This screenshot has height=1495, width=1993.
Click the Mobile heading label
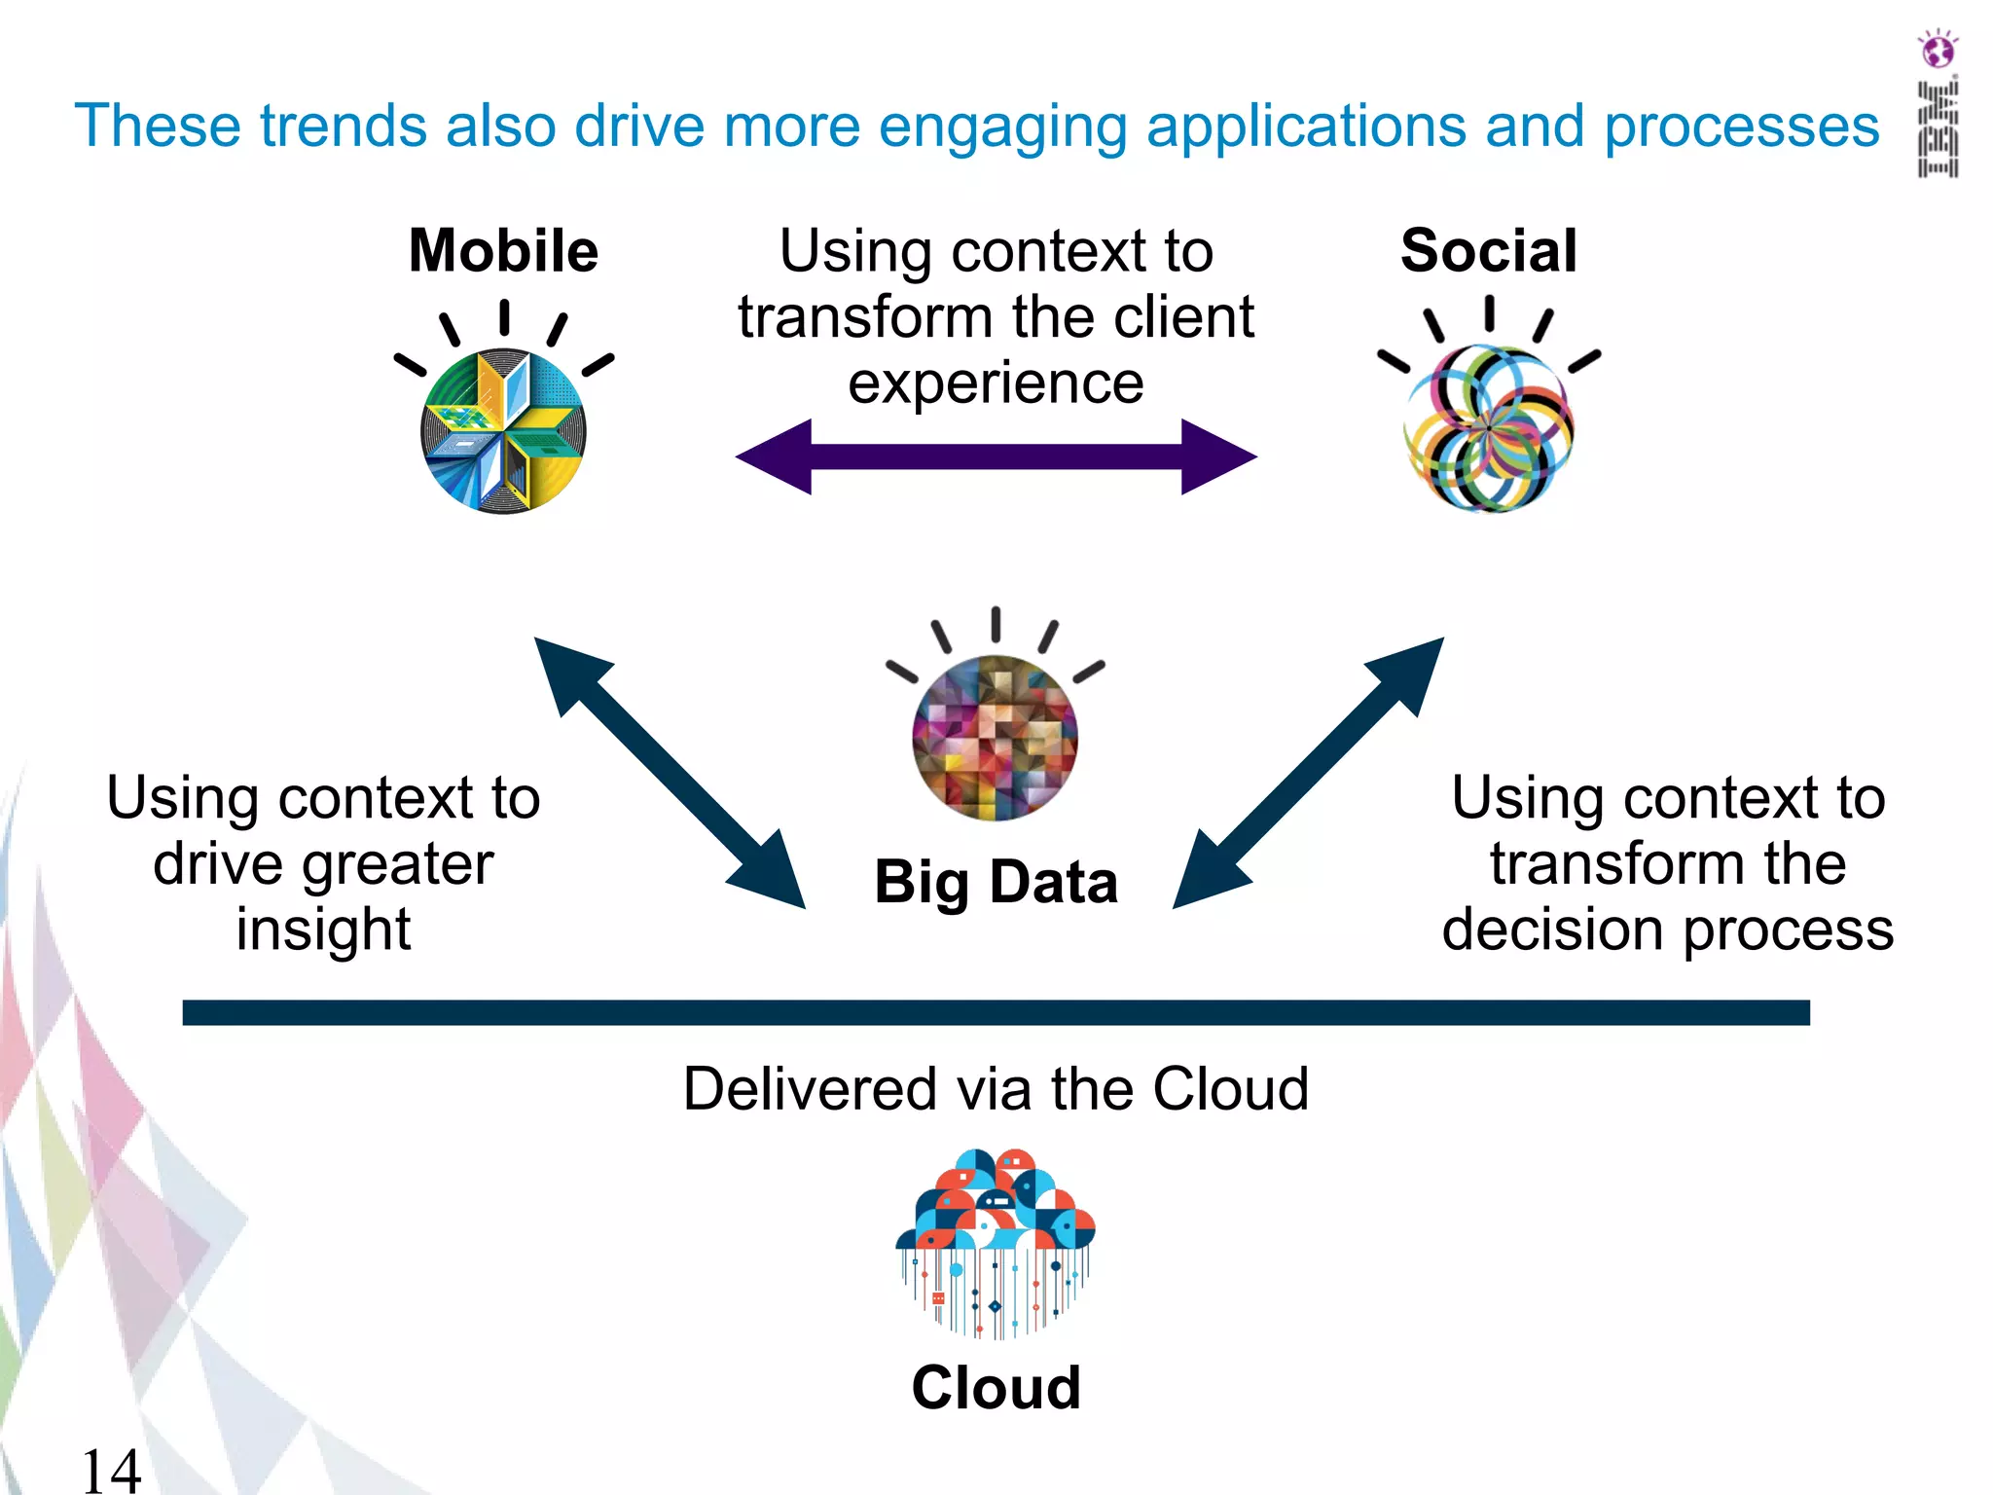pyautogui.click(x=503, y=251)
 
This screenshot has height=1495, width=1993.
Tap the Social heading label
pyautogui.click(x=1488, y=251)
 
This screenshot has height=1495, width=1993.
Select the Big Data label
pyautogui.click(x=996, y=882)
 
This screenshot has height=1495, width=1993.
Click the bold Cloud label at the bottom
pyautogui.click(x=996, y=1387)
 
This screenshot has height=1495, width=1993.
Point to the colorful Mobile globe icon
pyautogui.click(x=503, y=431)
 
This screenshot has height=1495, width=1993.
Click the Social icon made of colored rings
pyautogui.click(x=1488, y=429)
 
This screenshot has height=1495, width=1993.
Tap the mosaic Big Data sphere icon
pyautogui.click(x=995, y=738)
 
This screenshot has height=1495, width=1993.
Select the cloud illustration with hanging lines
pyautogui.click(x=996, y=1241)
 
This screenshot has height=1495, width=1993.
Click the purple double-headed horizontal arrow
pyautogui.click(x=996, y=456)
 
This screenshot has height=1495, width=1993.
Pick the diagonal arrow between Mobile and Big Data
pyautogui.click(x=670, y=773)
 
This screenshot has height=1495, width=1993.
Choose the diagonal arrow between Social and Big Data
pyautogui.click(x=1309, y=773)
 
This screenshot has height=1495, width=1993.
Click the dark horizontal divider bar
pyautogui.click(x=996, y=1012)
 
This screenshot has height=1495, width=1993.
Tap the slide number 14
pyautogui.click(x=111, y=1470)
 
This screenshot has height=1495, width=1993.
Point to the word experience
pyautogui.click(x=996, y=383)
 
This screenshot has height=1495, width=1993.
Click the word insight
pyautogui.click(x=323, y=930)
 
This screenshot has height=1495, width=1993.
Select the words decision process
pyautogui.click(x=1668, y=931)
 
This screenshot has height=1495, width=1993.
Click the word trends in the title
pyautogui.click(x=343, y=127)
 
